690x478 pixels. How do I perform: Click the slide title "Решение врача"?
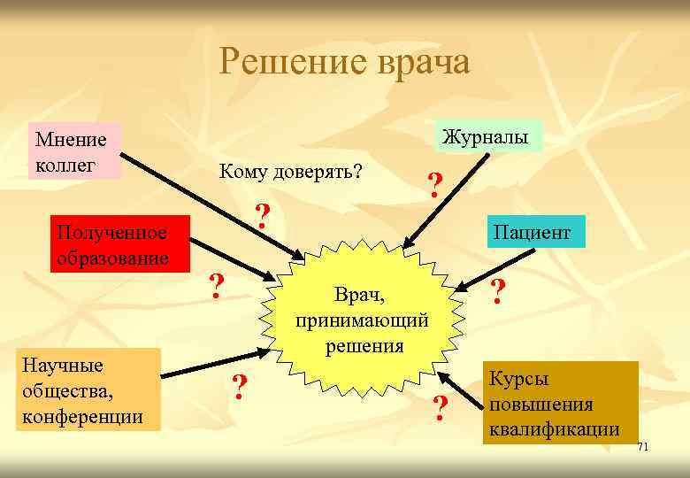click(345, 62)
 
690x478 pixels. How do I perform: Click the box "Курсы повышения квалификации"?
click(559, 403)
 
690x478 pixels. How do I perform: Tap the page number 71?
click(643, 447)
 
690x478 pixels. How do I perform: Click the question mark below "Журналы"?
click(433, 185)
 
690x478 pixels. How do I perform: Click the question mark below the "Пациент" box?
click(498, 290)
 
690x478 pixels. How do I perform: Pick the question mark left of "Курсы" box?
click(440, 407)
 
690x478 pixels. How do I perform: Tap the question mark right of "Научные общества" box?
click(239, 387)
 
